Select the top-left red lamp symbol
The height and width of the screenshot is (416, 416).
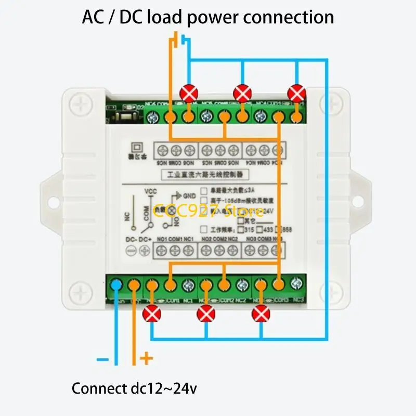tap(188, 94)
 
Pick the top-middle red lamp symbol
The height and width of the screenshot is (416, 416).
tap(242, 94)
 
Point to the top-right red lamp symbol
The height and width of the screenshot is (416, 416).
tap(296, 94)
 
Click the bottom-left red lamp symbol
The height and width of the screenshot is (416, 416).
tap(152, 314)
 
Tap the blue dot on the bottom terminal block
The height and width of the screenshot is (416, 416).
tap(116, 284)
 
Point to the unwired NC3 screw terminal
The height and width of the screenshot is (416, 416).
tap(296, 284)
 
